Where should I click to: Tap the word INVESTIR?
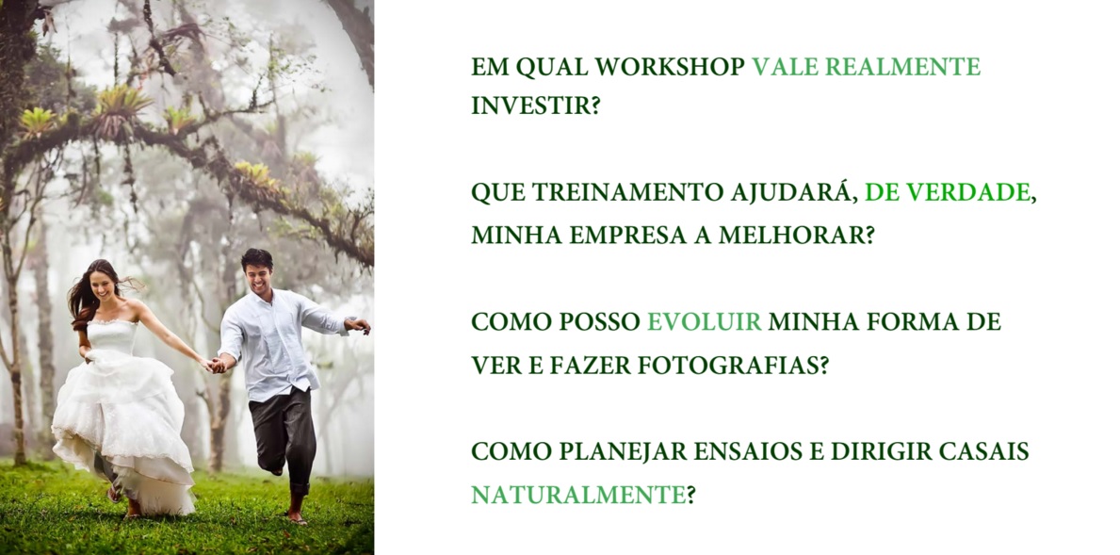[x=535, y=106]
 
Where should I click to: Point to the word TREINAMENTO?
[x=628, y=193]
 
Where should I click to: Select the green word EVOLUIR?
[x=705, y=322]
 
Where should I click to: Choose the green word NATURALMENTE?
[x=578, y=495]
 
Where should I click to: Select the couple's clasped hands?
[x=216, y=365]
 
